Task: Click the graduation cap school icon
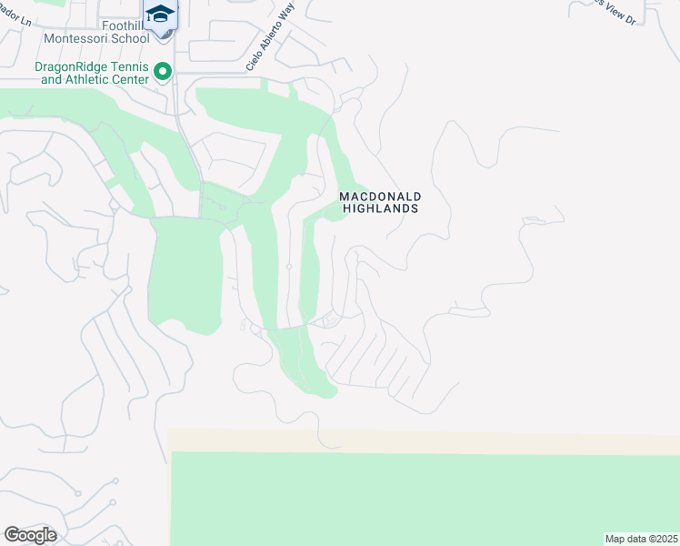click(x=161, y=14)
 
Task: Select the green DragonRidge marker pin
click(x=163, y=71)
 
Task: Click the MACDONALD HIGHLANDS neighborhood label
click(x=379, y=202)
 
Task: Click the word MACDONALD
click(x=379, y=196)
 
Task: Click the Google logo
click(x=30, y=535)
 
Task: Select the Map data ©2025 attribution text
click(x=640, y=539)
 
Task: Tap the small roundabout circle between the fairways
click(x=288, y=267)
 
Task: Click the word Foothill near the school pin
click(x=121, y=26)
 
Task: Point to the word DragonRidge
click(x=67, y=66)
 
